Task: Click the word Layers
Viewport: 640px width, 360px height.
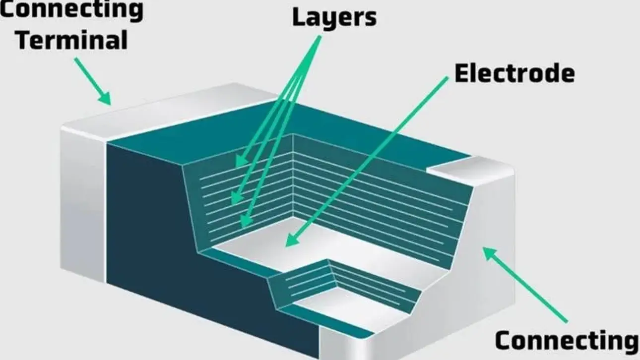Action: click(333, 17)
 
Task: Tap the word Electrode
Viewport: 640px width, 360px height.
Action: click(514, 74)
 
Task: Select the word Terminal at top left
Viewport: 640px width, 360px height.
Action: click(70, 40)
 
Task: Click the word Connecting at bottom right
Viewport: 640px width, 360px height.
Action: click(566, 341)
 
